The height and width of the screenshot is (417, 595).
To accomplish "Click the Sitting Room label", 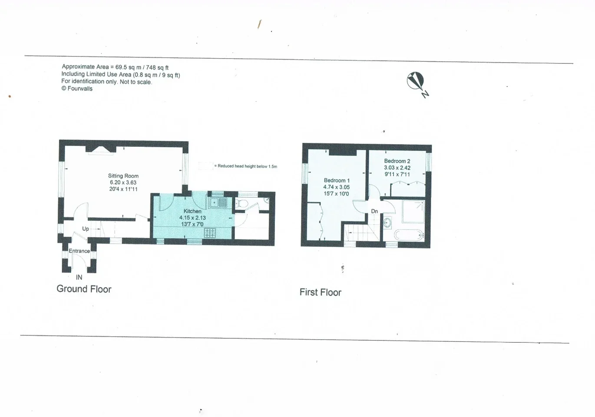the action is point(123,175).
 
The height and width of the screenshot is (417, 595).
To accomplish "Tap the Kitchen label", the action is point(192,211).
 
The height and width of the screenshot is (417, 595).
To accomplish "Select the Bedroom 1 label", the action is point(337,180).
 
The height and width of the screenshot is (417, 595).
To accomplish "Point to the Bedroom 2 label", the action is point(397,161).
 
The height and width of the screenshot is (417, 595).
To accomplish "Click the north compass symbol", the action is point(416,81).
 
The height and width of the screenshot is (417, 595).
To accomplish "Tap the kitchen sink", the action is point(218,203).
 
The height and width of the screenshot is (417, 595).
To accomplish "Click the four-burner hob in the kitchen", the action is point(210,233).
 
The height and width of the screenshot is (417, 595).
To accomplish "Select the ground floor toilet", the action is point(241,204).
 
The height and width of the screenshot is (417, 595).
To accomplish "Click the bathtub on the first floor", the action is point(409,235).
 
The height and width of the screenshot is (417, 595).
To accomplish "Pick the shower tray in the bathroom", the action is point(413,212).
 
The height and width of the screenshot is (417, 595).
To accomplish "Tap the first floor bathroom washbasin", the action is point(387,222).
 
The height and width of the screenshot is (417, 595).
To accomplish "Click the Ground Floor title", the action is point(84,289).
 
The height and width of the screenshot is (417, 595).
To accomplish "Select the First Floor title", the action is point(321,292).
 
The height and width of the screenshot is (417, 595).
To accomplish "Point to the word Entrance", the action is point(79,251).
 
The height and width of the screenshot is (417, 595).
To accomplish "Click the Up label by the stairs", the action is point(86,228).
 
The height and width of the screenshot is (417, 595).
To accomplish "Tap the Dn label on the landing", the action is point(374,211).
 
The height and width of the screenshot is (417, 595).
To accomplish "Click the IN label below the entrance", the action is point(79,277).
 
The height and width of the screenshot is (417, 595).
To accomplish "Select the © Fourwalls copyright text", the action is point(77,89).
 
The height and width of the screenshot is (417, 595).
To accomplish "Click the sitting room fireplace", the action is point(100,149).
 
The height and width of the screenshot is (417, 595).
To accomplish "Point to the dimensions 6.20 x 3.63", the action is point(123,182).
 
